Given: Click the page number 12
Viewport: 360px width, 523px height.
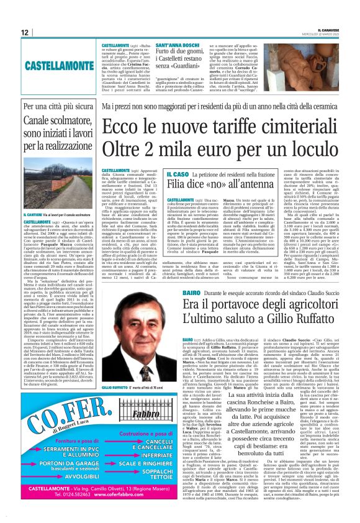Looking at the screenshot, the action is point(24,32).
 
